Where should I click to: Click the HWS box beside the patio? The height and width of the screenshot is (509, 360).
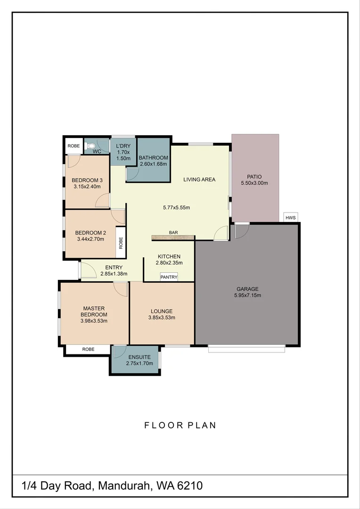[291, 217]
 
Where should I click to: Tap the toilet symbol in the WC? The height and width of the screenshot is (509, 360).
[90, 146]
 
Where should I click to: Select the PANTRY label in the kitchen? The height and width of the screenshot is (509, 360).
[169, 277]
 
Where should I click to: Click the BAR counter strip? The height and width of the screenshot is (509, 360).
[173, 238]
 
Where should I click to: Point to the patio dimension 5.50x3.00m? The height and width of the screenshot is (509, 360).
[254, 183]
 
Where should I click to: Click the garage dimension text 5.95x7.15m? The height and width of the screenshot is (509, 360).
[247, 295]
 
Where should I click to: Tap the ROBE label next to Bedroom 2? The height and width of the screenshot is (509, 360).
[121, 243]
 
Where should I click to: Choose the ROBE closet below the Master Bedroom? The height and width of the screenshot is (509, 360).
[88, 349]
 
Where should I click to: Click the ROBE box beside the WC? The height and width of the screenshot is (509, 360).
[74, 146]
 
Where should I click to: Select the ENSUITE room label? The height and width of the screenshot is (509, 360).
[139, 357]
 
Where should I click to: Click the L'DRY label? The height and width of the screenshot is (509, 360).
[123, 146]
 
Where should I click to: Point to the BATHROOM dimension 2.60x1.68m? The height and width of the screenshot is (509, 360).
[153, 164]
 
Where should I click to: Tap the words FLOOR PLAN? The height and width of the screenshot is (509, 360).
[180, 425]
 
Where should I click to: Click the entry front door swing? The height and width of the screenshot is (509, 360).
[88, 270]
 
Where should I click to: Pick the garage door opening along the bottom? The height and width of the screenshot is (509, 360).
[247, 349]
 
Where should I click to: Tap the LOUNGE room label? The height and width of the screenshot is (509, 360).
[162, 312]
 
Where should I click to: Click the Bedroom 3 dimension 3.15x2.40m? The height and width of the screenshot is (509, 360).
[87, 186]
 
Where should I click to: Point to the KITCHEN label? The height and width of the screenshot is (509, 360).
[169, 256]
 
